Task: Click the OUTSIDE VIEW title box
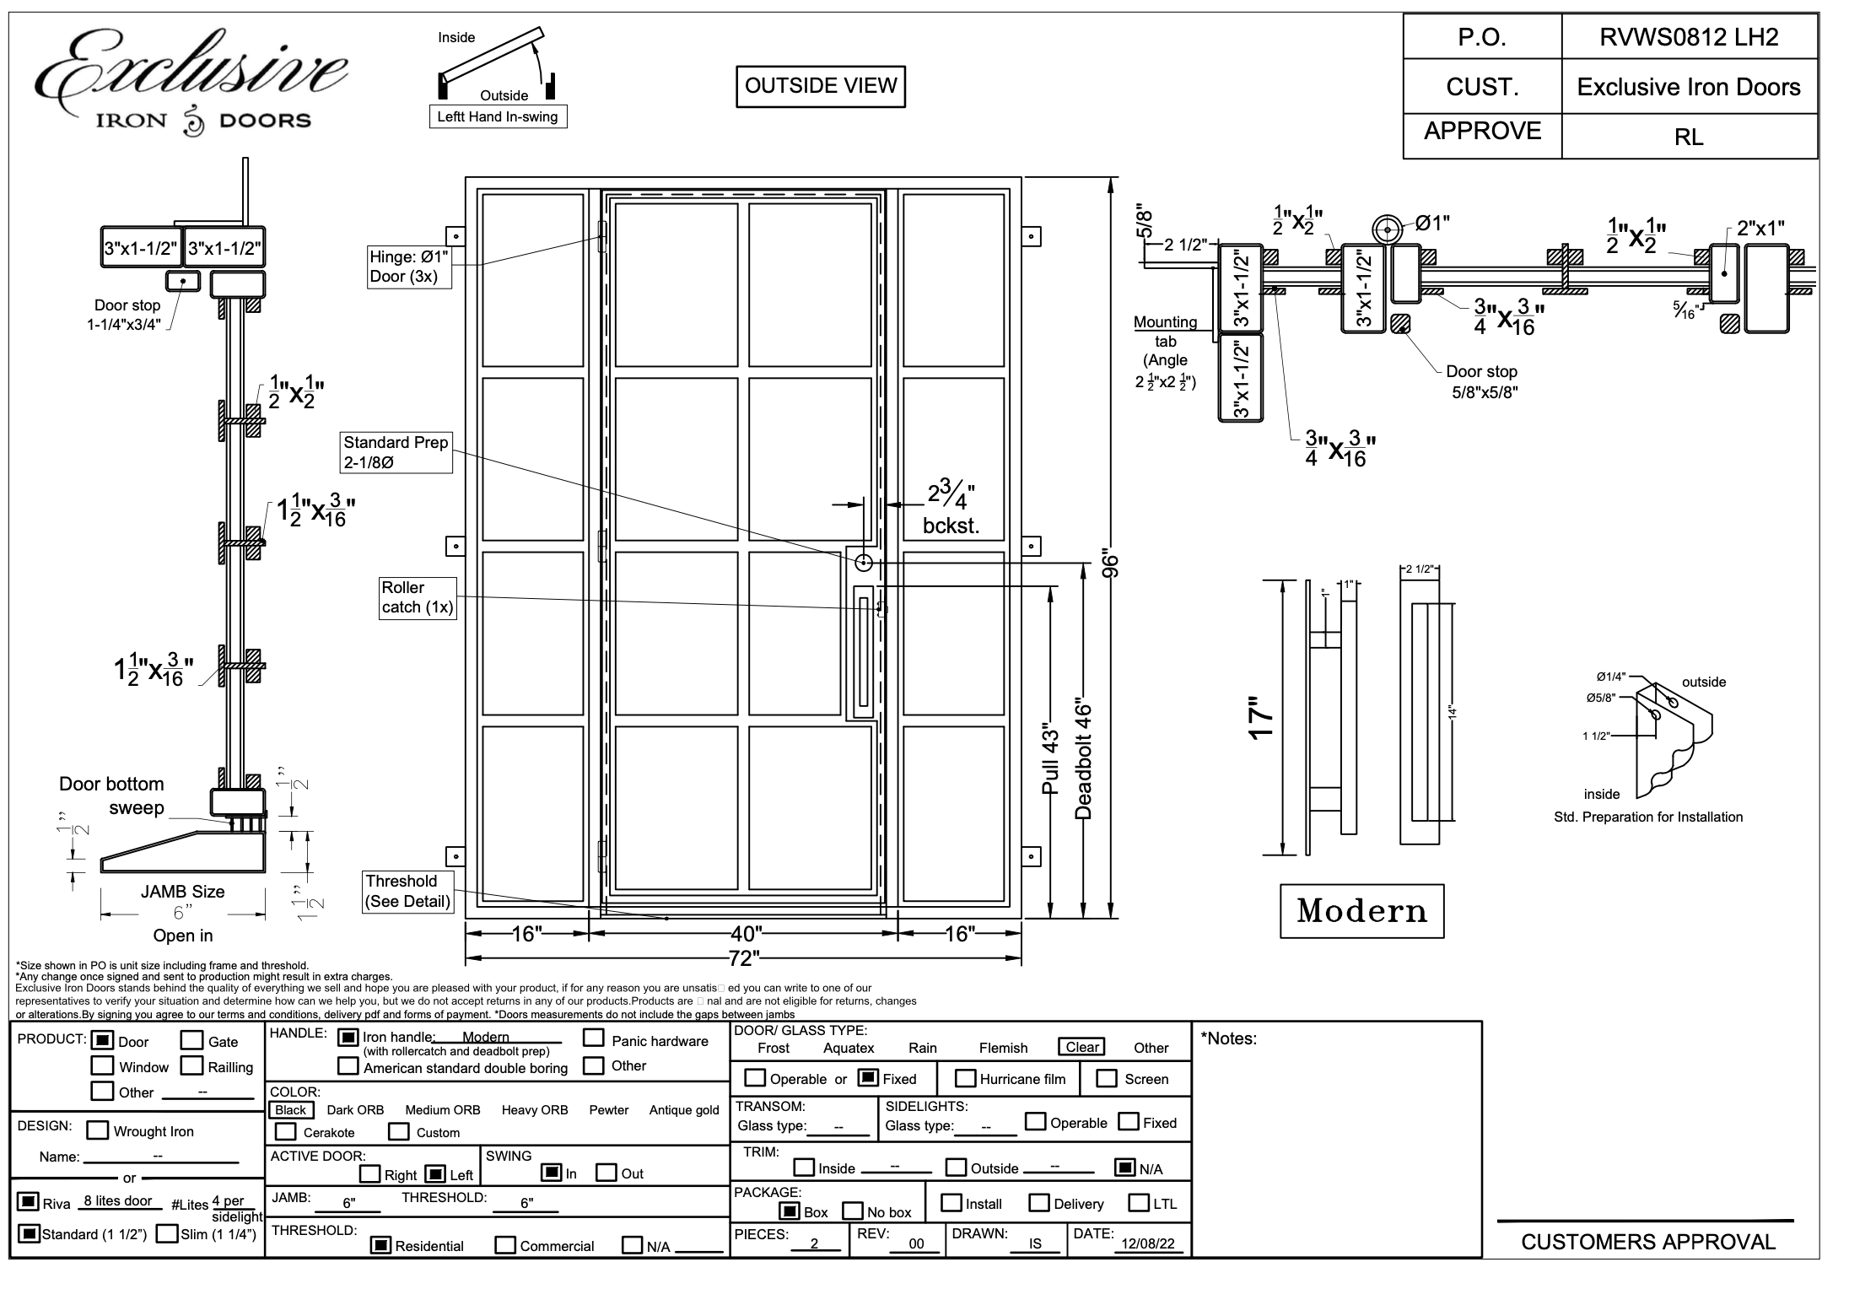820,86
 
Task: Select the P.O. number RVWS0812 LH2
1689,37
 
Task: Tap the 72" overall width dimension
743,957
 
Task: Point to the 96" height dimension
1111,564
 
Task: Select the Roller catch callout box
418,598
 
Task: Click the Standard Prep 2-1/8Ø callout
396,452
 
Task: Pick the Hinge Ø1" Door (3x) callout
409,267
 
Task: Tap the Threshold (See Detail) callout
407,892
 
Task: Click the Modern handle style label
1361,911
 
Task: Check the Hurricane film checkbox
965,1078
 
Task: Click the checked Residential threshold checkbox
381,1244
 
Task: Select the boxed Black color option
291,1110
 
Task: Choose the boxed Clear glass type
1081,1047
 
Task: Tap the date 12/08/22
1147,1244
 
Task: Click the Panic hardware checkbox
594,1038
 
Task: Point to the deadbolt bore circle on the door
864,563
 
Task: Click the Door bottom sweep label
111,796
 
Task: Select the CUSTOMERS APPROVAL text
1647,1242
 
